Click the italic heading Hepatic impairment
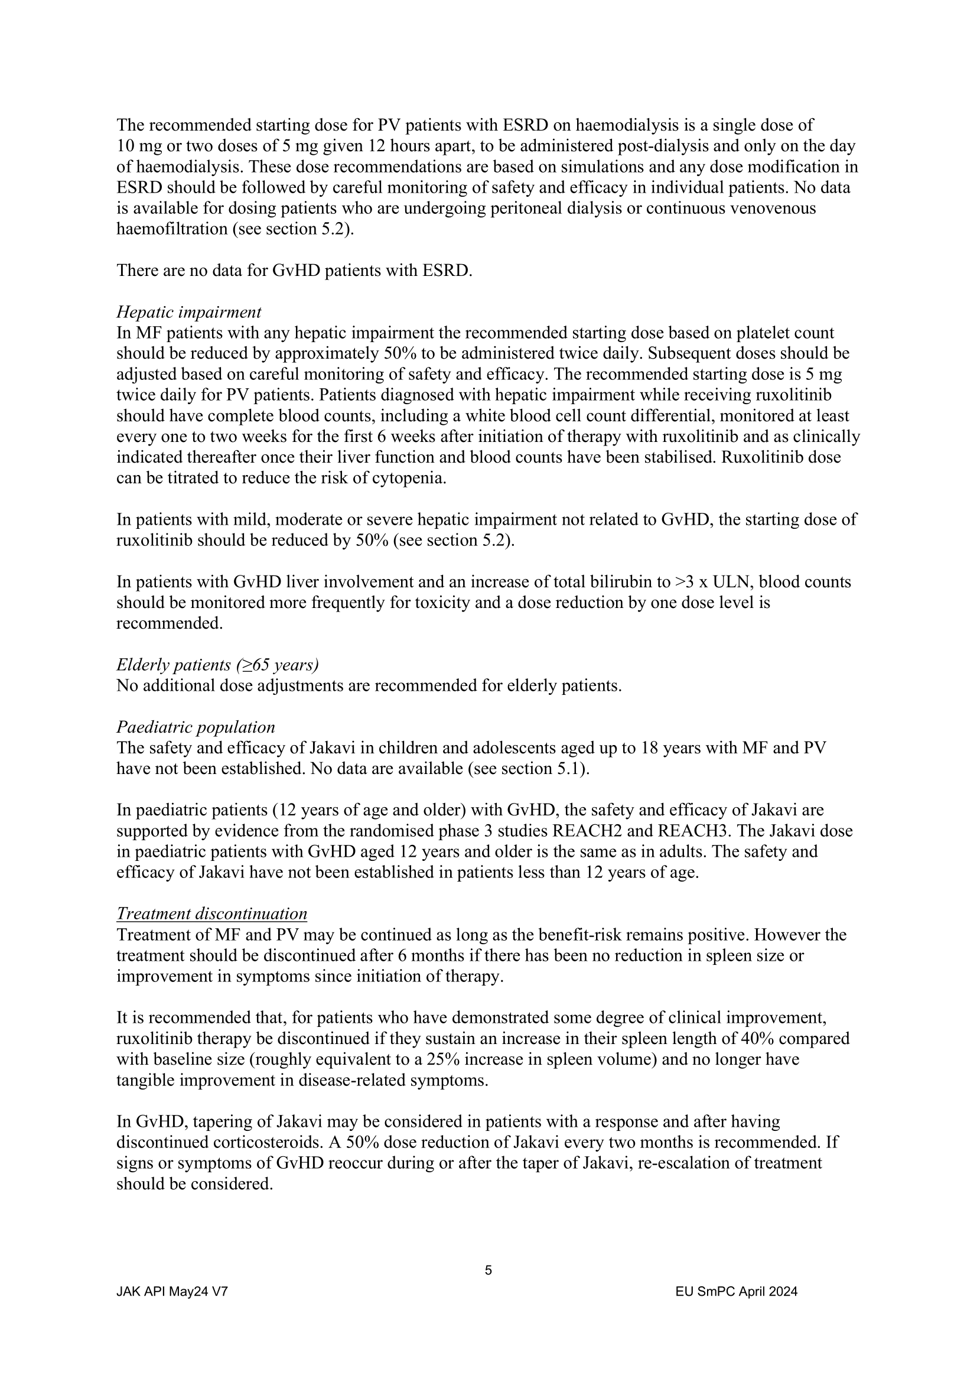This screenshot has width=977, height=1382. pyautogui.click(x=189, y=313)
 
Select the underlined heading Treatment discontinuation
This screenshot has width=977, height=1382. pyautogui.click(x=212, y=913)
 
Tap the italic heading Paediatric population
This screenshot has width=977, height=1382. pyautogui.click(x=196, y=727)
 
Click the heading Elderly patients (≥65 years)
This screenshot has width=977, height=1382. pyautogui.click(x=217, y=665)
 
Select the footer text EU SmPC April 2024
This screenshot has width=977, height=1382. pyautogui.click(x=737, y=1291)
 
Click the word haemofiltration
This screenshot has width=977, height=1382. pyautogui.click(x=171, y=229)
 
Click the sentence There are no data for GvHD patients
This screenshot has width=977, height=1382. pyautogui.click(x=294, y=271)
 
